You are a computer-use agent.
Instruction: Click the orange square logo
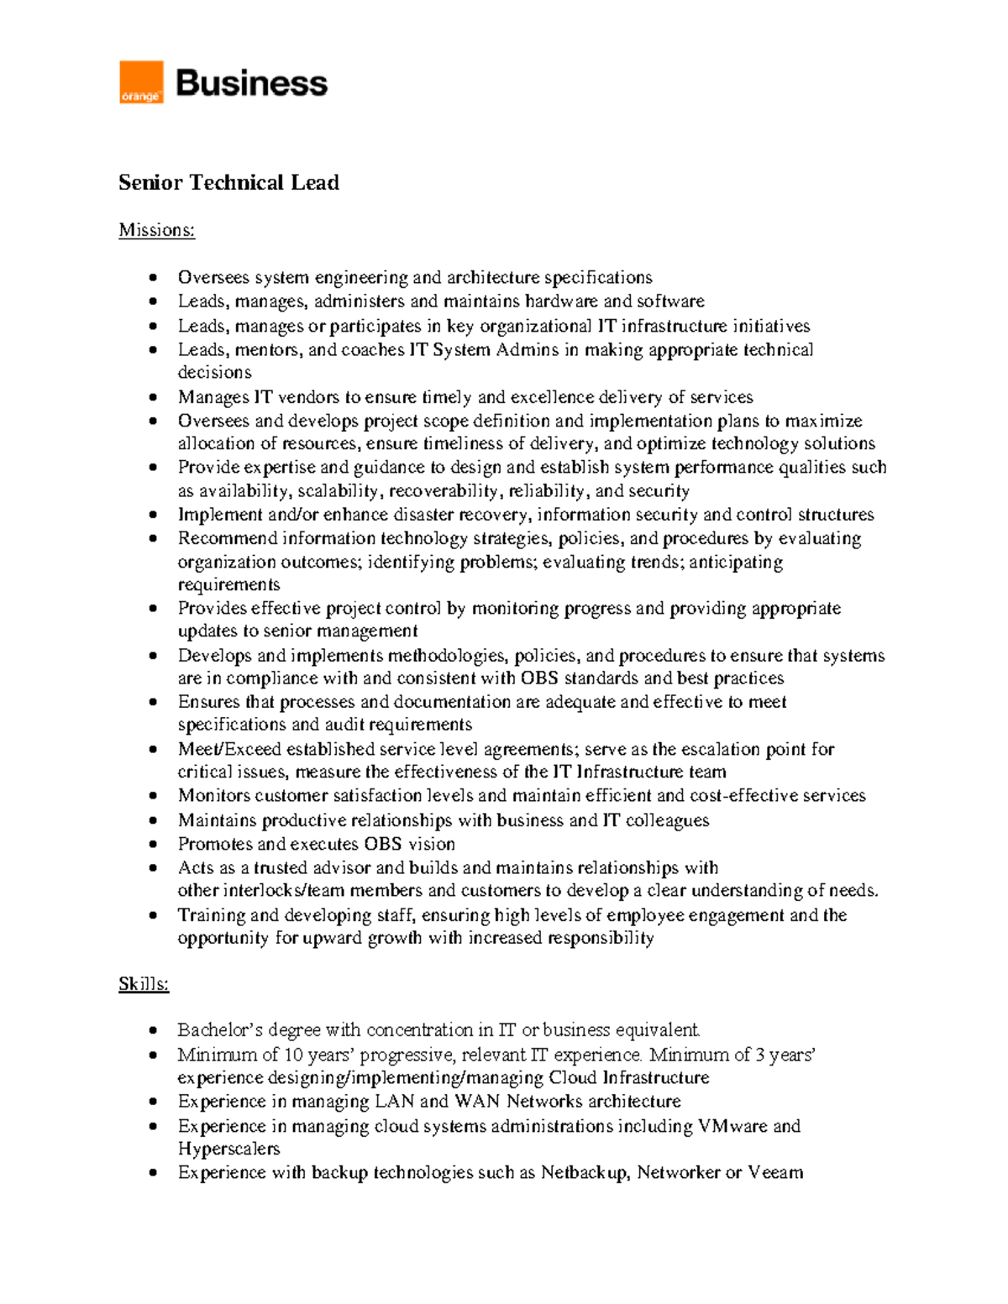[x=141, y=82]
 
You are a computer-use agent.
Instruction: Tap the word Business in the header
[x=251, y=83]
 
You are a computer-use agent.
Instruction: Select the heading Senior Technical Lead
[x=228, y=183]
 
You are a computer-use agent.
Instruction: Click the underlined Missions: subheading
[x=156, y=230]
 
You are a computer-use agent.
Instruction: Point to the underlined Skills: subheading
[x=144, y=984]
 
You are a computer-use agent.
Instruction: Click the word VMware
[x=732, y=1126]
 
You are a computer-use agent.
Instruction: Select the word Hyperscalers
[x=228, y=1149]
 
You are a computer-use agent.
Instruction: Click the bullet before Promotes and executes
[x=152, y=845]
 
